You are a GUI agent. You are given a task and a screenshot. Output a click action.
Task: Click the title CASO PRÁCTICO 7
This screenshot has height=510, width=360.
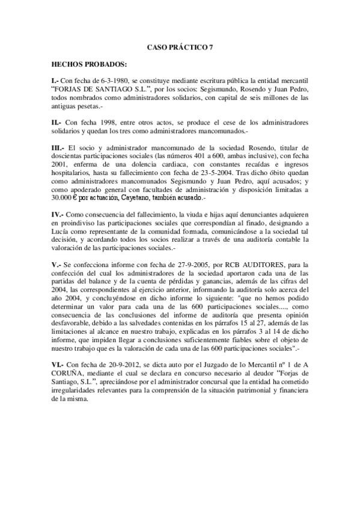(x=180, y=46)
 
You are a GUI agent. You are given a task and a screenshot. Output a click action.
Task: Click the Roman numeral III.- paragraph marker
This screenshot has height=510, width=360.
(x=58, y=147)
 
